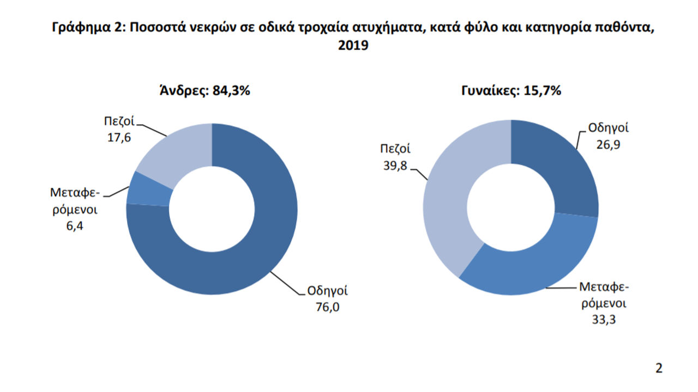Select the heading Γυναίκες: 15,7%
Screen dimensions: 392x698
tap(510, 91)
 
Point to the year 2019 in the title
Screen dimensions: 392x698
tap(353, 46)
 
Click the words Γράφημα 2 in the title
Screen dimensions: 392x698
tap(85, 28)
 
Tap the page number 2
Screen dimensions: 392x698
tap(659, 368)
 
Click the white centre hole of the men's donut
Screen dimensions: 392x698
tap(212, 210)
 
